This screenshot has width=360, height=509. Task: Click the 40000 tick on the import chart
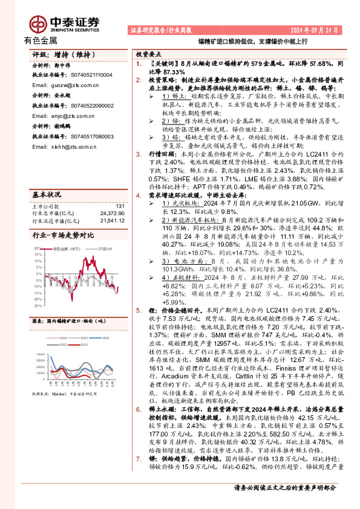click(x=40, y=354)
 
